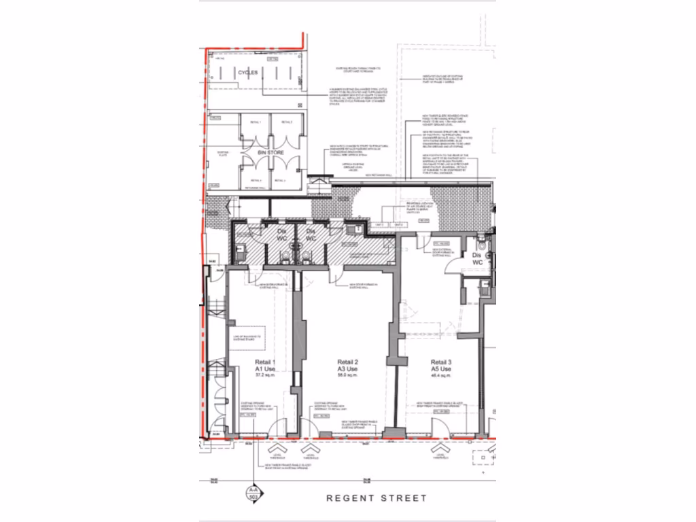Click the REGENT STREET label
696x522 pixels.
tap(377, 498)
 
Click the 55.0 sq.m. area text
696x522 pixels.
tap(347, 375)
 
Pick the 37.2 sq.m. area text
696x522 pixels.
tap(264, 375)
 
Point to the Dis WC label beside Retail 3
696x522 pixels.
tap(477, 258)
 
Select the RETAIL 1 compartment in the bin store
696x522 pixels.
tap(256, 129)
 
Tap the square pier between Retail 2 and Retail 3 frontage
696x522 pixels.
tap(392, 433)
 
